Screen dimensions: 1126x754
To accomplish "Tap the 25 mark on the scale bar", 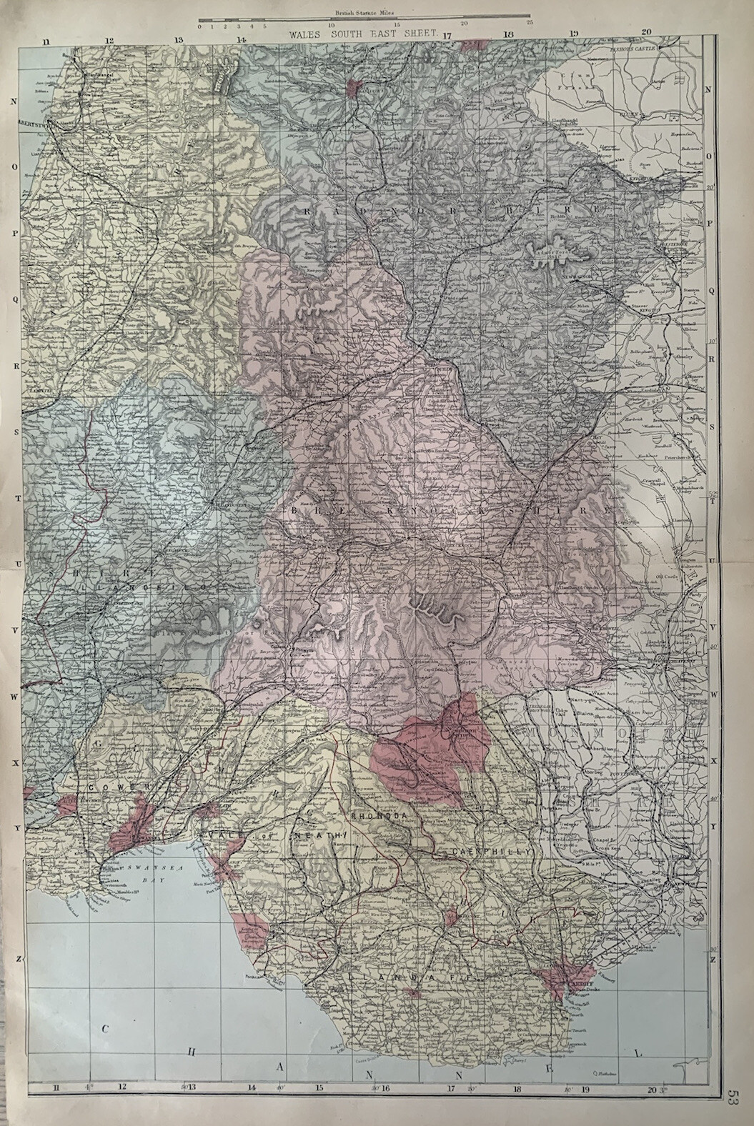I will click(x=530, y=24).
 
